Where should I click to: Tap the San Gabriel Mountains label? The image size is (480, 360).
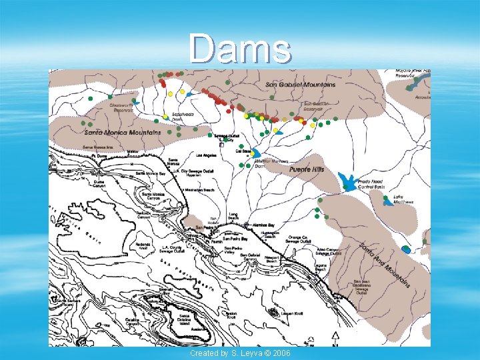point(301,85)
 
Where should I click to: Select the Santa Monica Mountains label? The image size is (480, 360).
point(123,132)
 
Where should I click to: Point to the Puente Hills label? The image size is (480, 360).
point(307,170)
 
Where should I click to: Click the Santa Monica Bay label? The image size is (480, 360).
point(150,173)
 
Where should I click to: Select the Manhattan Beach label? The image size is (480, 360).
point(198,191)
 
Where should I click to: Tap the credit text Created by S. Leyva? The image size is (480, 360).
point(240,352)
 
